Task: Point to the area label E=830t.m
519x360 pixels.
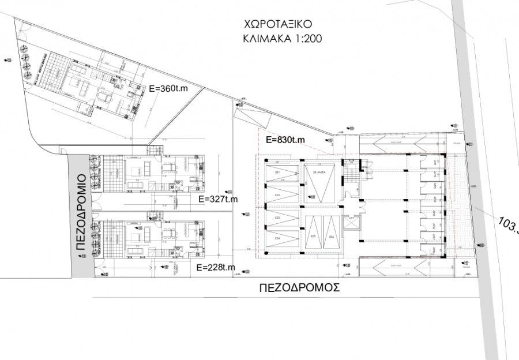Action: [284, 140]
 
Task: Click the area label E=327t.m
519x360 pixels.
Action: [217, 199]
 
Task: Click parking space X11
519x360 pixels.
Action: [279, 173]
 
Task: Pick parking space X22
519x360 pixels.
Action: [279, 195]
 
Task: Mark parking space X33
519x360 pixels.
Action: [279, 217]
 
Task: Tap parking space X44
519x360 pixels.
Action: [279, 239]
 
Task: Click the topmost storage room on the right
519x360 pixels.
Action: [435, 163]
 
